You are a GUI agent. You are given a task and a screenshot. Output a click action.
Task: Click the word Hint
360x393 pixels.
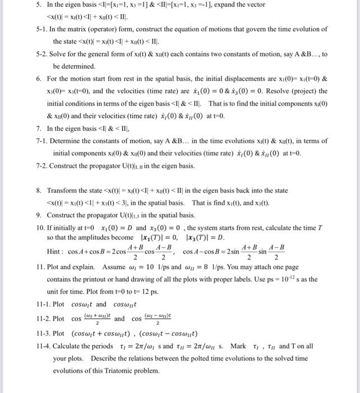56,253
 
